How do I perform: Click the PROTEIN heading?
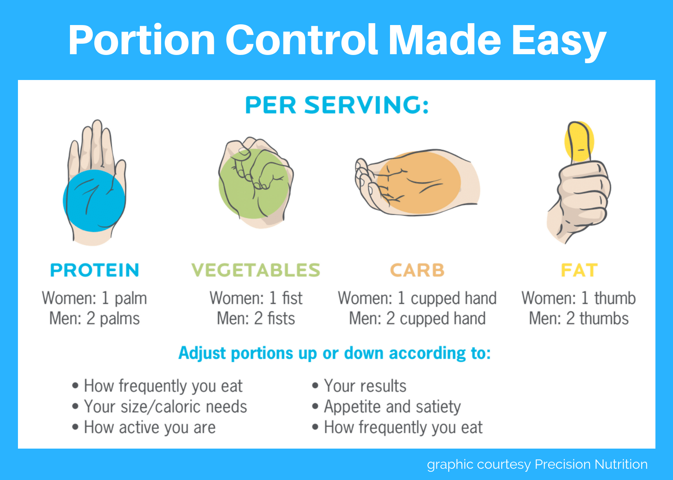[x=95, y=270]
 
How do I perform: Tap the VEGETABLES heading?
[x=256, y=270]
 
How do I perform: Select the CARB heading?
[x=417, y=270]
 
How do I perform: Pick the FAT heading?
[x=579, y=270]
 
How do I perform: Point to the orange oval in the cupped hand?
[x=419, y=183]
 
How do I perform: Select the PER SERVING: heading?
[x=336, y=105]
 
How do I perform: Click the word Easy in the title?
[x=559, y=40]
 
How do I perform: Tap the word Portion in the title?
[x=142, y=40]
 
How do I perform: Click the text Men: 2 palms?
[x=95, y=319]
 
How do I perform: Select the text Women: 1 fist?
[x=256, y=298]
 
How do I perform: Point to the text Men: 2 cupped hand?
[x=417, y=319]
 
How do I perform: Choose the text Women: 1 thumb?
[x=578, y=298]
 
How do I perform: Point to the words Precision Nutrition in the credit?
[x=591, y=464]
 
